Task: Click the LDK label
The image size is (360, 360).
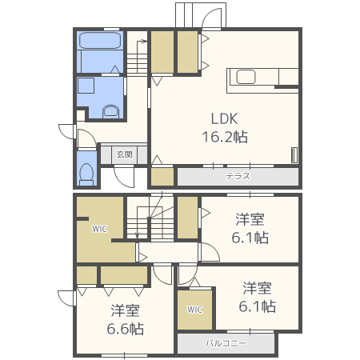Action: [224, 118]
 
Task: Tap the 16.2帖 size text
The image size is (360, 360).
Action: [225, 137]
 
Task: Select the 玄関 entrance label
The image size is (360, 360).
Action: [124, 154]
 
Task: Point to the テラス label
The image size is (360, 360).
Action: [238, 176]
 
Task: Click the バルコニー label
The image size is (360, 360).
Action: [226, 343]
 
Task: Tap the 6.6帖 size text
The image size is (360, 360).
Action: [126, 329]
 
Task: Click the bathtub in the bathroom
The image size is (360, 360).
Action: [100, 41]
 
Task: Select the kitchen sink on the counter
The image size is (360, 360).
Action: [246, 77]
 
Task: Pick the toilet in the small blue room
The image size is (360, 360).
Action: [86, 174]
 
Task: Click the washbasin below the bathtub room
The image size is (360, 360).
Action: [110, 111]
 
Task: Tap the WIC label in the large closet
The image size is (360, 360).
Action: [100, 229]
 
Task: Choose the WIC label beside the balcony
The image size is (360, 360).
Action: [194, 310]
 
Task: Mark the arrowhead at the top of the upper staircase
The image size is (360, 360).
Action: [145, 42]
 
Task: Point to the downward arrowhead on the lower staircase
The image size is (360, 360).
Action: [138, 235]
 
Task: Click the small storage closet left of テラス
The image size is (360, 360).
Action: [162, 177]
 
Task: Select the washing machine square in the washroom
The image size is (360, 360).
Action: [86, 86]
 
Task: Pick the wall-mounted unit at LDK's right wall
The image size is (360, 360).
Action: [294, 154]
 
